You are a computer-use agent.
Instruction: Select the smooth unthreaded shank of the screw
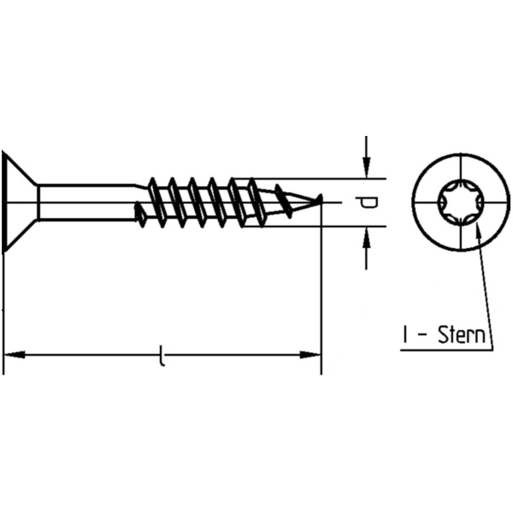(85, 203)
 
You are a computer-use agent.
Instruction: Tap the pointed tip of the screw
(318, 200)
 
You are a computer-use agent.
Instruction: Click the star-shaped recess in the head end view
(458, 203)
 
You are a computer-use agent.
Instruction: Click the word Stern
(463, 335)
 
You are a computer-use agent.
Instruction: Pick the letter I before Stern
(404, 335)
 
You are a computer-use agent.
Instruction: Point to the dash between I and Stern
(421, 337)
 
